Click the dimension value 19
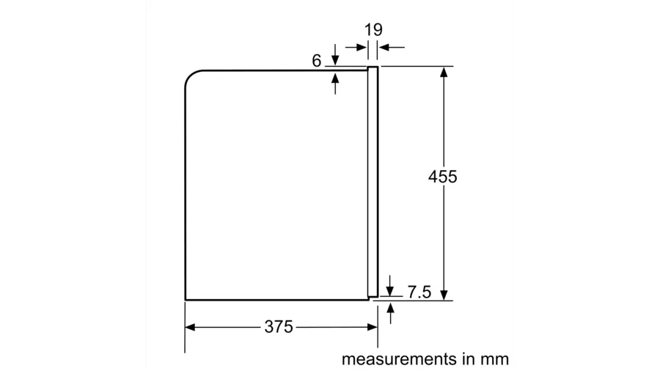point(373,30)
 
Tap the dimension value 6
point(317,61)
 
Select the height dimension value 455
point(443,177)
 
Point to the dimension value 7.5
point(419,292)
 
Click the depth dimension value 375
point(279,327)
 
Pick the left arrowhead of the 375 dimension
point(189,327)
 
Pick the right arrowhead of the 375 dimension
point(373,327)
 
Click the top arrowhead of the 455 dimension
point(443,72)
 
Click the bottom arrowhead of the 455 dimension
point(443,295)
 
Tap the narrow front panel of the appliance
point(373,183)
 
